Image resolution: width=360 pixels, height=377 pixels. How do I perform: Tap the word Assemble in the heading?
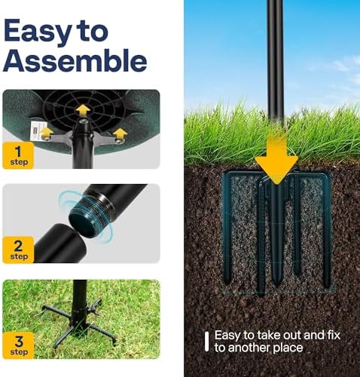(75, 60)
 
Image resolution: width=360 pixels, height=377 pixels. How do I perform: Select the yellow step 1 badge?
(18, 155)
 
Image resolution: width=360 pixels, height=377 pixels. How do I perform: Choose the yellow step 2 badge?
(18, 250)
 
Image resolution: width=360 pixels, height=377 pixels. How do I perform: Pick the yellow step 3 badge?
(18, 345)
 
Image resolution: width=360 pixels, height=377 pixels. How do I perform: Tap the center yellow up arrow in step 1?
(83, 110)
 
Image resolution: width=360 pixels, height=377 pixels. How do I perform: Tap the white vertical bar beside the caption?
(206, 342)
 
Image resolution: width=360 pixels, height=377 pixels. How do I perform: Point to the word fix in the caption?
(334, 336)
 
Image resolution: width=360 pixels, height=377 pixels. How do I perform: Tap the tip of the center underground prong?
(276, 286)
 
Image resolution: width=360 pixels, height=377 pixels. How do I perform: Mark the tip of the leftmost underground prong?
(227, 283)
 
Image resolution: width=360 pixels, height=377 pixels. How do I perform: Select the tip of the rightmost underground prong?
(326, 286)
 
